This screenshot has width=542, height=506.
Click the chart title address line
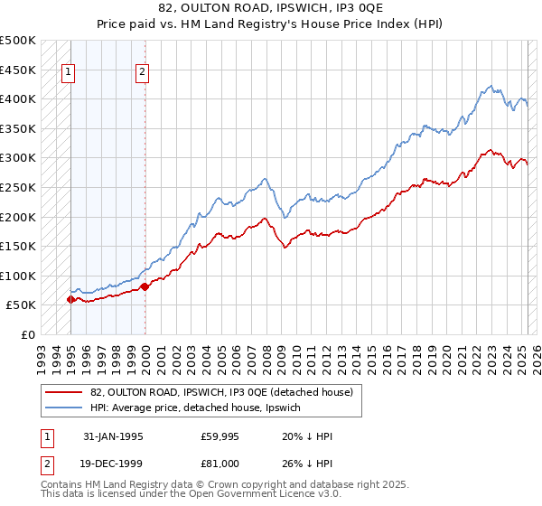tap(271, 9)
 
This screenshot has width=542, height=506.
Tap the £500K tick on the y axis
tap(18, 41)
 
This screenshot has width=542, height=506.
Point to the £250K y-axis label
tap(18, 187)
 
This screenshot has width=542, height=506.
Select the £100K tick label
tap(18, 276)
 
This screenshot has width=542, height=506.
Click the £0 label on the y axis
tap(28, 334)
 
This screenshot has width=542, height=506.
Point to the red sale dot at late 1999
tap(145, 286)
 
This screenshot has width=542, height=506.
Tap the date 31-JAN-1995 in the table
tap(113, 436)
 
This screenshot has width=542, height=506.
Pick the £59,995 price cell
tap(220, 436)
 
